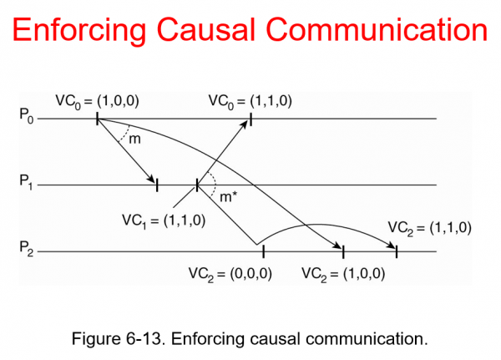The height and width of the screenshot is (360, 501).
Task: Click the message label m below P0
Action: click(134, 138)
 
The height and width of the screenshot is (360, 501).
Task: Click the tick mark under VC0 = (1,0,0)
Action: click(98, 119)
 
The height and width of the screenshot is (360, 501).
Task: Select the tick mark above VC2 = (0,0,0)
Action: click(262, 250)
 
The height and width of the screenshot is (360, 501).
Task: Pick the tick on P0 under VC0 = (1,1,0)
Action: click(250, 119)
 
